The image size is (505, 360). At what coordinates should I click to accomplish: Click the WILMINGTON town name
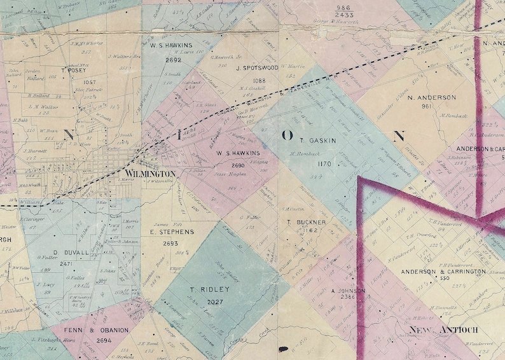point(150,174)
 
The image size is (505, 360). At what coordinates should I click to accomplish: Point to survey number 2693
point(170,243)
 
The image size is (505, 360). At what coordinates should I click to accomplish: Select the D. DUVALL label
point(66,253)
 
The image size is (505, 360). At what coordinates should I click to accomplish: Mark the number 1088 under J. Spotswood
point(259,81)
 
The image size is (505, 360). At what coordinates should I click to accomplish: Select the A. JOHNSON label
point(348,291)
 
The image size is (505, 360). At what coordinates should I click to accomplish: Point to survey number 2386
point(349,298)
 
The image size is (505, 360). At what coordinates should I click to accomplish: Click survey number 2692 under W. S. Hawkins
point(174,60)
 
